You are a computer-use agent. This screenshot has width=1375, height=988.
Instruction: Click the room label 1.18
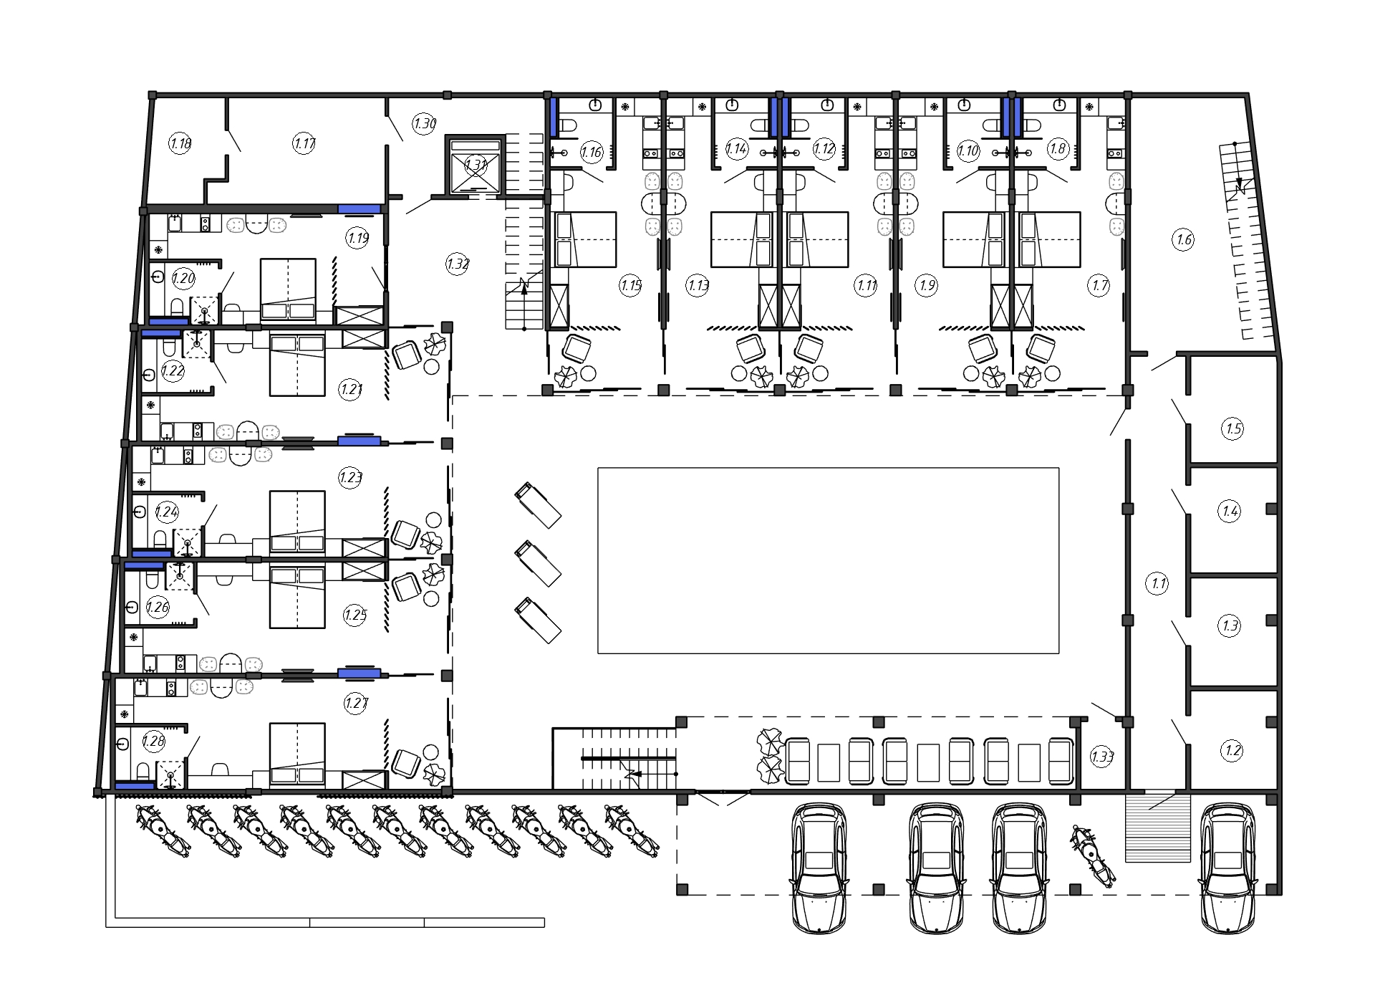pyautogui.click(x=180, y=143)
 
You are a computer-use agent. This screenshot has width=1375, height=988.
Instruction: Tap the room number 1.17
pyautogui.click(x=304, y=143)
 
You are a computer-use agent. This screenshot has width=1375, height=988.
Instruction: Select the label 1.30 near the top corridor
pyautogui.click(x=425, y=123)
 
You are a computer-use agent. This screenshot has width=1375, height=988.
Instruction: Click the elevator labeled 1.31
pyautogui.click(x=476, y=165)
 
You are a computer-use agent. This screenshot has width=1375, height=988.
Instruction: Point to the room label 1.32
pyautogui.click(x=458, y=264)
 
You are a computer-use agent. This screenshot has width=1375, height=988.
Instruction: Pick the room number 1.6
pyautogui.click(x=1184, y=239)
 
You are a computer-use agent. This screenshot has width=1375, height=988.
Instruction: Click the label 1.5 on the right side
pyautogui.click(x=1232, y=429)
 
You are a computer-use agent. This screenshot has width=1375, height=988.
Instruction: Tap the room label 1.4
pyautogui.click(x=1230, y=511)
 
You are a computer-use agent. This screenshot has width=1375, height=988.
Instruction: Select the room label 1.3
pyautogui.click(x=1230, y=625)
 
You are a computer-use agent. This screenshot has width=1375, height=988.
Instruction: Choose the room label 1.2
pyautogui.click(x=1232, y=751)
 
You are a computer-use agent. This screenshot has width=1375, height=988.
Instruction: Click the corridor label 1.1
pyautogui.click(x=1158, y=583)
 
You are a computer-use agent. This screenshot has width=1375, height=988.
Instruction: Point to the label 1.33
pyautogui.click(x=1102, y=757)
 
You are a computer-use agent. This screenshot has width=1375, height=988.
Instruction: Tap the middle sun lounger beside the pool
pyautogui.click(x=538, y=563)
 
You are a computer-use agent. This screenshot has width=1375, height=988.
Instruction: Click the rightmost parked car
pyautogui.click(x=1227, y=868)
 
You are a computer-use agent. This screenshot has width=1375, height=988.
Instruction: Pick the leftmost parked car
pyautogui.click(x=819, y=868)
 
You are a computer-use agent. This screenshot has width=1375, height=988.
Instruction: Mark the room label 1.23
pyautogui.click(x=350, y=477)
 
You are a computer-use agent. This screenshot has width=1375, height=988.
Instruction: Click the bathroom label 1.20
pyautogui.click(x=183, y=279)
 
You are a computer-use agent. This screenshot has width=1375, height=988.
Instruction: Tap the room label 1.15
pyautogui.click(x=630, y=286)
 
